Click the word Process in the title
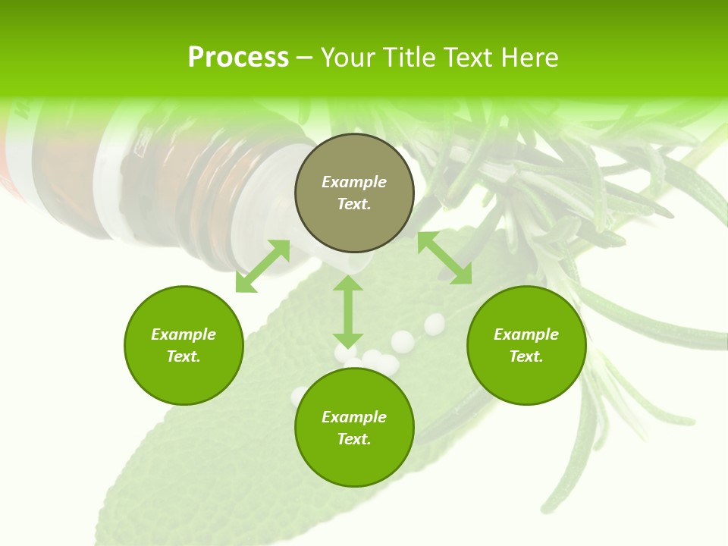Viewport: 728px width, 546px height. click(x=238, y=58)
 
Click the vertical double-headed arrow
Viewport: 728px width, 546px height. click(x=348, y=311)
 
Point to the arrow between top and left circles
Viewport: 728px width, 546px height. click(x=262, y=265)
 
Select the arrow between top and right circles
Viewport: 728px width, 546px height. click(x=444, y=258)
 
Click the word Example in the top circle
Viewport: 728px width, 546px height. click(x=354, y=182)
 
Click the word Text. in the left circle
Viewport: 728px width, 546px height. click(x=184, y=356)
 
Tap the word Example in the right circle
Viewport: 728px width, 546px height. click(x=526, y=334)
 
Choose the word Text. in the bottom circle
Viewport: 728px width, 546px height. click(x=354, y=439)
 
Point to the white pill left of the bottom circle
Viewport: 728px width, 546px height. click(x=300, y=395)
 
